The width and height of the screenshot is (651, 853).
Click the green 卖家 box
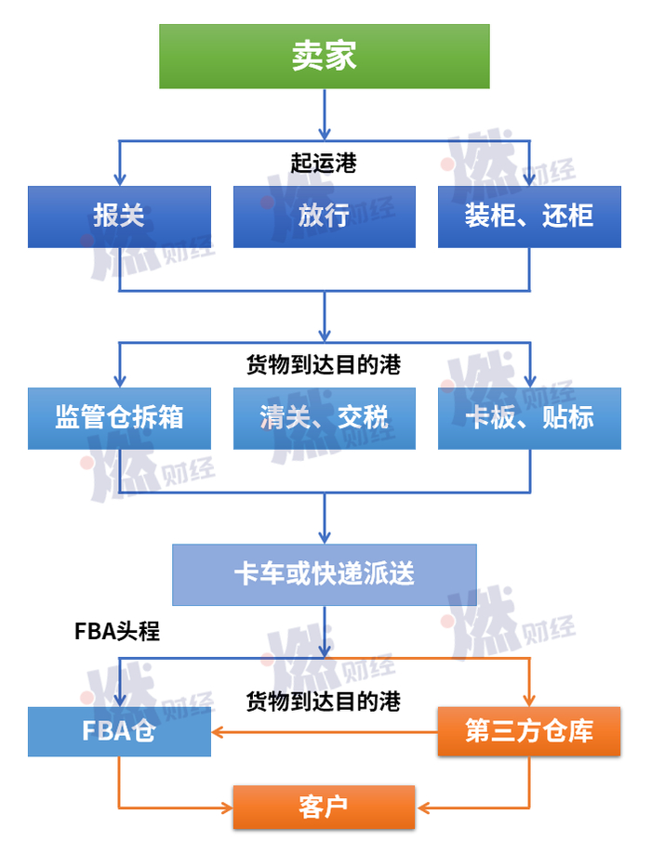(325, 56)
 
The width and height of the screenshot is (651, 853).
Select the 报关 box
(119, 217)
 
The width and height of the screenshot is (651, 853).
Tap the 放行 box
(325, 217)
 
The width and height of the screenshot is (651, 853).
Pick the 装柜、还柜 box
(529, 217)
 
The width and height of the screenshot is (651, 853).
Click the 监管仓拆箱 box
(119, 418)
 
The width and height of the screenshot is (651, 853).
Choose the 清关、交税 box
(325, 418)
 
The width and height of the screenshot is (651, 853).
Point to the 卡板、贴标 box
(529, 418)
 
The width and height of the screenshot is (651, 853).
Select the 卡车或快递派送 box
(325, 574)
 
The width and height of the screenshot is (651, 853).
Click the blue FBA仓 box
(119, 731)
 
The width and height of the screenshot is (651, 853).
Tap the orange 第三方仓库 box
(529, 731)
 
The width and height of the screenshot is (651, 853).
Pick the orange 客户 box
(325, 807)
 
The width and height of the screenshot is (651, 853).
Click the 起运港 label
(324, 163)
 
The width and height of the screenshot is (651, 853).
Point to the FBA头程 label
(117, 632)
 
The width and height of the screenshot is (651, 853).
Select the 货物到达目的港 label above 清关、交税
(324, 364)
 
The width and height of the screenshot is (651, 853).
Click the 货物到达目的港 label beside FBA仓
(324, 702)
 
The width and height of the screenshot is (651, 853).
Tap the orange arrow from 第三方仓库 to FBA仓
(325, 732)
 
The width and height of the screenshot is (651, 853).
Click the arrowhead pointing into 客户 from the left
(228, 807)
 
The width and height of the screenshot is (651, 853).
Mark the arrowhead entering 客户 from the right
(422, 807)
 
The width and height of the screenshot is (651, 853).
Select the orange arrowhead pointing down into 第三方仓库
(529, 701)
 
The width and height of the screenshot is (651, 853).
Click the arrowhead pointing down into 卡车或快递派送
(325, 537)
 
